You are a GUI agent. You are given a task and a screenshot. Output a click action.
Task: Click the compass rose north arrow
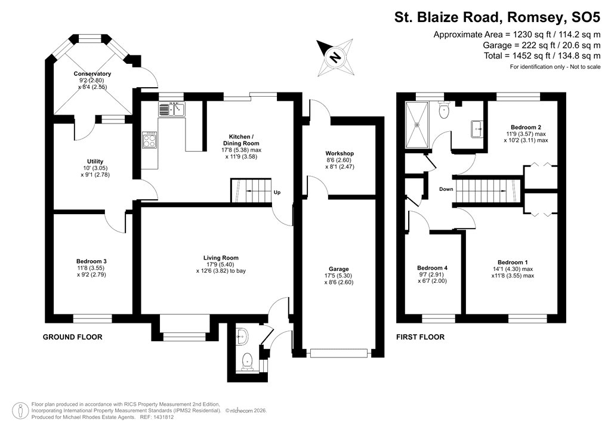click(335, 57)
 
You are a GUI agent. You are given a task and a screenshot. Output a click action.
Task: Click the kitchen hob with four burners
click(149, 140)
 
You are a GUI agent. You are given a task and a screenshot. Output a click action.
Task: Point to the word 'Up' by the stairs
click(277, 193)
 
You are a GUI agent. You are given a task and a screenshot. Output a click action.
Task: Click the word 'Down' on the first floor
click(446, 189)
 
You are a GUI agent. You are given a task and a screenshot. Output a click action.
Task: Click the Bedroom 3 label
click(91, 261)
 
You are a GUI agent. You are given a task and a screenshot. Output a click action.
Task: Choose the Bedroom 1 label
click(513, 263)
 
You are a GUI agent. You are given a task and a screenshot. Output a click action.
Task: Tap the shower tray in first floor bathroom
click(418, 124)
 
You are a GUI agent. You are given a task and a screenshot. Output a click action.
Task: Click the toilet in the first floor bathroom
click(443, 110)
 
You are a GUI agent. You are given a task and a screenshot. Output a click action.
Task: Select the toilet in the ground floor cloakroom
click(246, 360)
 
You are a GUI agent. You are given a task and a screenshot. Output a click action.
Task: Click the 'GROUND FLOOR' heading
click(72, 337)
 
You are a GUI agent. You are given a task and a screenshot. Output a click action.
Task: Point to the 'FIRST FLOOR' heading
click(420, 337)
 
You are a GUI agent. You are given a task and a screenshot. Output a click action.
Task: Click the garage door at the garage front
click(339, 354)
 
